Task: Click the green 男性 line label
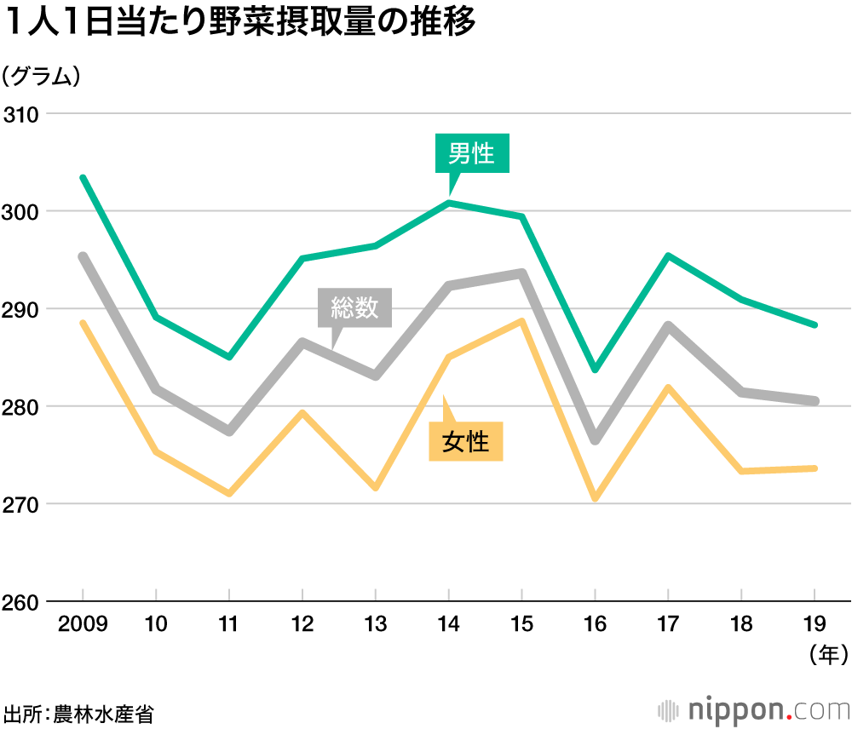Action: [471, 153]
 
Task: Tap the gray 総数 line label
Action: [354, 307]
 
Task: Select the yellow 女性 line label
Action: [465, 441]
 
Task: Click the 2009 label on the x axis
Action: [83, 625]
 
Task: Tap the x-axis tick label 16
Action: [595, 625]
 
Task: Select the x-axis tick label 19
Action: [815, 625]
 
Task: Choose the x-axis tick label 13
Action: [375, 625]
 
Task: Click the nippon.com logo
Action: [755, 709]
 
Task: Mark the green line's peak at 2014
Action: [448, 203]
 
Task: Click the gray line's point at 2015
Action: [521, 273]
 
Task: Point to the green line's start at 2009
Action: [83, 177]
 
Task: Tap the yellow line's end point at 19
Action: [815, 468]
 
